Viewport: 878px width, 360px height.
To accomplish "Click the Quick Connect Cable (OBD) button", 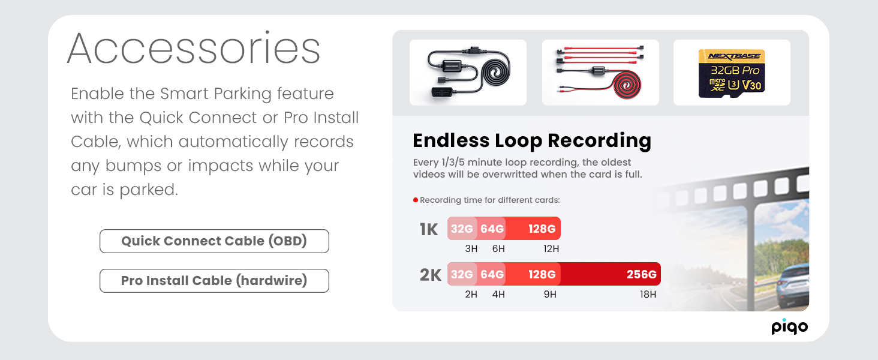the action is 214,241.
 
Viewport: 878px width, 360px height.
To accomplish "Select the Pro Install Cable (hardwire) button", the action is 214,280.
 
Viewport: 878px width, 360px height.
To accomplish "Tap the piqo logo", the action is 789,326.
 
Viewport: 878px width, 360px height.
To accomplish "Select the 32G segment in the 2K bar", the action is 462,274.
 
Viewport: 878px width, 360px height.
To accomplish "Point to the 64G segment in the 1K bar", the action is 492,228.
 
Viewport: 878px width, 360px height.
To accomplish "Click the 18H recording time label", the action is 648,294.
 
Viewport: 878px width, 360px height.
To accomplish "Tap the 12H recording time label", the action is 551,248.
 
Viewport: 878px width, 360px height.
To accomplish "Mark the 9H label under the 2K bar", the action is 550,294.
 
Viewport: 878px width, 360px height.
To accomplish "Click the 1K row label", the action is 428,229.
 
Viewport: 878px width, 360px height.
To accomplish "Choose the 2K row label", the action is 431,275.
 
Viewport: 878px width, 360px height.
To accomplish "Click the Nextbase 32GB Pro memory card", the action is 732,73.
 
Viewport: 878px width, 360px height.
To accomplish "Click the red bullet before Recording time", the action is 416,200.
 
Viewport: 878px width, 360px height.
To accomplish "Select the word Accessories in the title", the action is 194,49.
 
